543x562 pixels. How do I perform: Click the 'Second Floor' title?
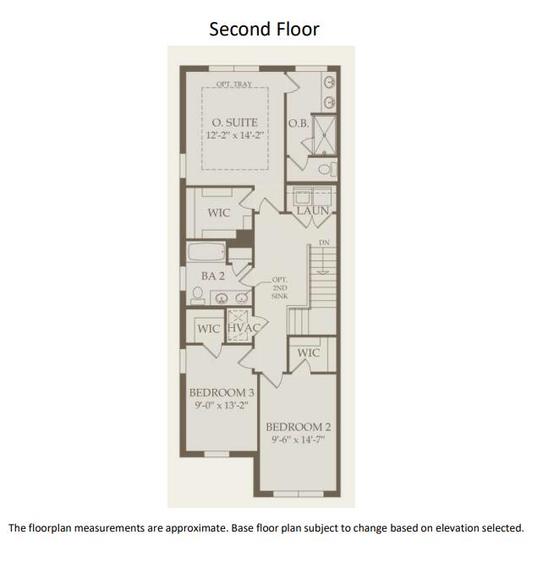tap(264, 29)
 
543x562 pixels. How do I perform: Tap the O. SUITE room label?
tap(234, 123)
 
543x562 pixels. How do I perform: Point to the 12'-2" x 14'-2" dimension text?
tap(234, 135)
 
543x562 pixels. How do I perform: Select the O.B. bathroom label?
tap(298, 123)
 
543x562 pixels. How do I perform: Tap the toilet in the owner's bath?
tap(332, 168)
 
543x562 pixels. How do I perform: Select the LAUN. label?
tap(313, 210)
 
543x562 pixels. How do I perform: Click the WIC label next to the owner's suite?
tap(218, 212)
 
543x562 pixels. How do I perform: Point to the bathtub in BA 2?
tap(206, 253)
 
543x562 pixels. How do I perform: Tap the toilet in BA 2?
tap(197, 296)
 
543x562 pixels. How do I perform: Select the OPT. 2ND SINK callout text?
tap(281, 288)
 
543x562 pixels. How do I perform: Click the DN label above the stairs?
tap(323, 243)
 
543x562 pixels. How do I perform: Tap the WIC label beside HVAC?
tap(209, 328)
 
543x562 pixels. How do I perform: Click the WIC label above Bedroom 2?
tap(308, 352)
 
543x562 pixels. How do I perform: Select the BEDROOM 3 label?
tap(221, 392)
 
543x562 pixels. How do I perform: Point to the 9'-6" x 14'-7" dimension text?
tap(299, 439)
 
